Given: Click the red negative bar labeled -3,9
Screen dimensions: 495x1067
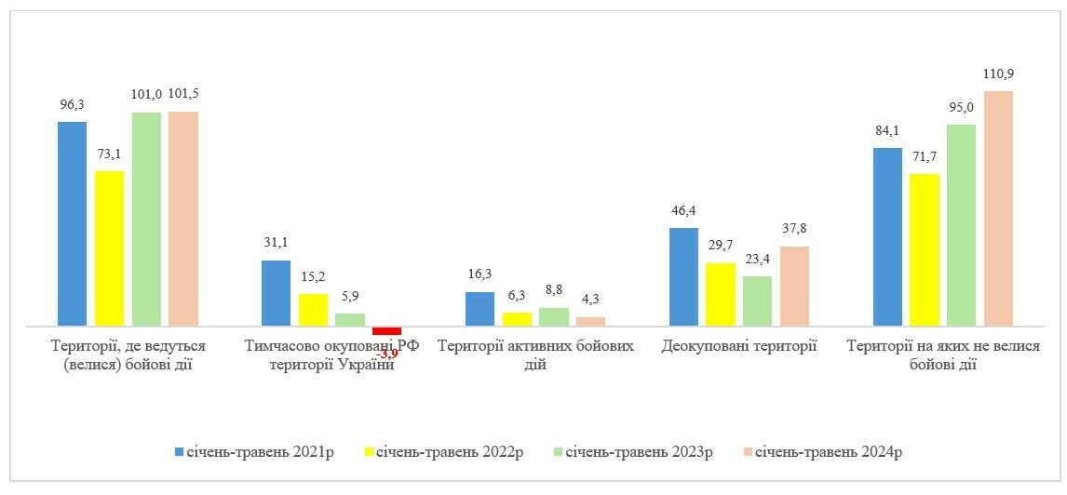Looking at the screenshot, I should point(386,331).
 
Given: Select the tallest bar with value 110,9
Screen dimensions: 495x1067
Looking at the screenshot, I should point(998,208).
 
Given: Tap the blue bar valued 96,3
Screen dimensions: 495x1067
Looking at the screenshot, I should point(72,224).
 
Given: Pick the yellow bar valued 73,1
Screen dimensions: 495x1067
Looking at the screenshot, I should point(109,248).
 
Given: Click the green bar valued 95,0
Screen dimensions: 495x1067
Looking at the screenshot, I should point(961,225).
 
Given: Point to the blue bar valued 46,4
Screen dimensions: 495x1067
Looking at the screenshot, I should point(683,277).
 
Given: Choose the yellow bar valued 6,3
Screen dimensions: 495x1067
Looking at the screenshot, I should point(517,319).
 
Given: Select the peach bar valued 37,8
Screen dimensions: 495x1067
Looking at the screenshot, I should point(794,287).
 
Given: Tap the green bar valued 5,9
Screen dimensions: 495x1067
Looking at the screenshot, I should point(350,320).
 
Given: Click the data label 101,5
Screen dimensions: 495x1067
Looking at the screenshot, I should point(183,94).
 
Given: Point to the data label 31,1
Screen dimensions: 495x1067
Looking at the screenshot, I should point(276,243).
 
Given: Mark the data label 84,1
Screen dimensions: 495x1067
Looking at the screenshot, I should point(887,130).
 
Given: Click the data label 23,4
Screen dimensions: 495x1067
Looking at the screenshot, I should point(757,259).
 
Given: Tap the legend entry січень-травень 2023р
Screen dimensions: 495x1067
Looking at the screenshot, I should point(632,452).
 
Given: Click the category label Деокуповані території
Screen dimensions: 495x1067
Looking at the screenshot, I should point(739,347).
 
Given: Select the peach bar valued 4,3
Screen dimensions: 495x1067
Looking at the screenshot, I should point(590,322).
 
